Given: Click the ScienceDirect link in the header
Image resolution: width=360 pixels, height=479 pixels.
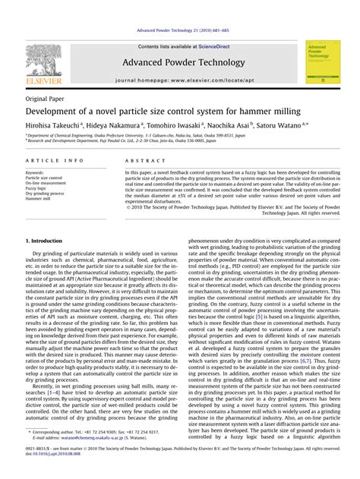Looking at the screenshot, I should point(201,46).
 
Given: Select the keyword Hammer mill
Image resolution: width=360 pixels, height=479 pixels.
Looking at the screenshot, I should point(39,197).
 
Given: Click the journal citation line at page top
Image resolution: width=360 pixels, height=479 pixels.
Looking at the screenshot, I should point(179,30).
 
